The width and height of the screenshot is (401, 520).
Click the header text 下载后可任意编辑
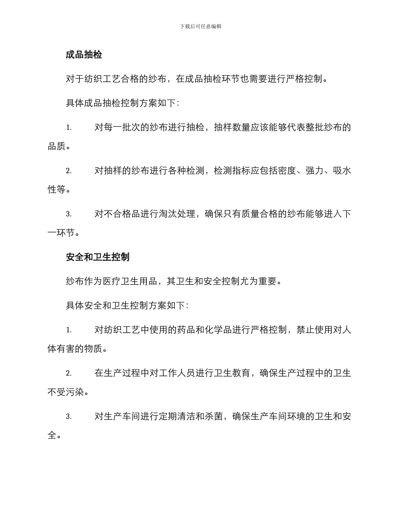(200, 26)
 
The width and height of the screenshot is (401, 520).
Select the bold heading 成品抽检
(84, 55)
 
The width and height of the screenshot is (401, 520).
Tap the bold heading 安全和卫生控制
(98, 257)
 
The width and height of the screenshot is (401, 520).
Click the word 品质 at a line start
(57, 147)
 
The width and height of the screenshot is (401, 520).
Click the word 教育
(241, 373)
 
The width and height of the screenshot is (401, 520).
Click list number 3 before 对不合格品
(68, 214)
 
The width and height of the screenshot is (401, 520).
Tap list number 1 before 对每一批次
(68, 128)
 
